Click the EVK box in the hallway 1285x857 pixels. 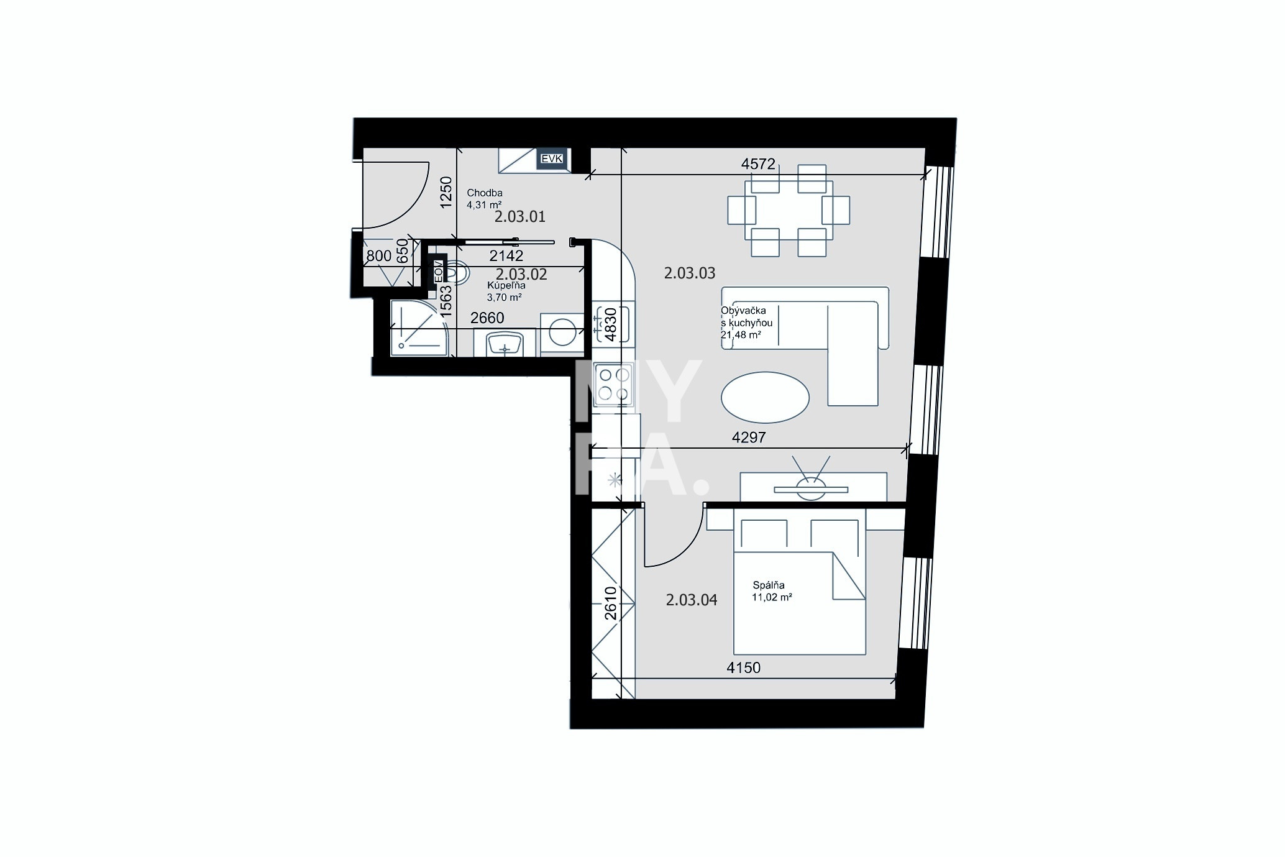552,159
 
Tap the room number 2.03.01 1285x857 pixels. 520,217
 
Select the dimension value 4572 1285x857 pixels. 759,164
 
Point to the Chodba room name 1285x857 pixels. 485,193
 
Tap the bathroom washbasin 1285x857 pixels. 505,343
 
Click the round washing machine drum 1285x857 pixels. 563,331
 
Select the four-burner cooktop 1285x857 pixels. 613,383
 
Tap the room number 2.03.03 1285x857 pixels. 690,273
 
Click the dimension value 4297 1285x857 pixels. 749,438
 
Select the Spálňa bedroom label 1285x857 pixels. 769,585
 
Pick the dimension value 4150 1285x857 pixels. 743,668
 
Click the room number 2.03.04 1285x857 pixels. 692,600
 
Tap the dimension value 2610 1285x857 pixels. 610,603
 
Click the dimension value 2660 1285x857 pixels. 487,318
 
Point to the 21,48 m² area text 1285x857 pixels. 741,335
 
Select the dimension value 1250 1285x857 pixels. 446,192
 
